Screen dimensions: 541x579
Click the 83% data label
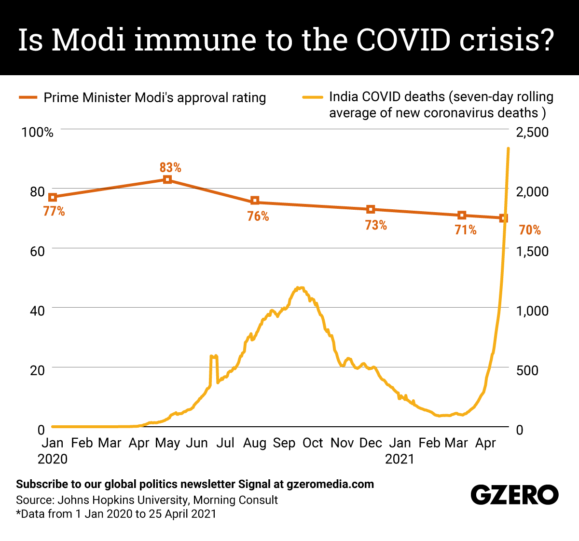point(170,167)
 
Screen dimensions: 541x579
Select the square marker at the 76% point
point(255,201)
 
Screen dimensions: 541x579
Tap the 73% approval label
point(376,225)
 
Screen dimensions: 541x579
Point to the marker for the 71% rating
point(462,215)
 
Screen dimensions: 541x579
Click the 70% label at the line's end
point(530,230)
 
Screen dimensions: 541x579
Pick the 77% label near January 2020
point(54,211)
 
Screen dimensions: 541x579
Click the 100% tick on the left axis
point(37,132)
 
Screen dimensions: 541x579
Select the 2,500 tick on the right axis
point(532,132)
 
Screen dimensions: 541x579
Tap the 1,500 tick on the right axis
point(532,251)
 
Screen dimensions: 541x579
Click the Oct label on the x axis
point(313,443)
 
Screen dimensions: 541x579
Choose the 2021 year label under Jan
point(400,459)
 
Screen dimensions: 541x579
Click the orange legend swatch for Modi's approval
point(28,98)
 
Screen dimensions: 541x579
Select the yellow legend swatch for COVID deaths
point(312,98)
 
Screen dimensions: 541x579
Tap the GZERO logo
point(514,495)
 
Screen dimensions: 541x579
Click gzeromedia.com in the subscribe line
point(330,484)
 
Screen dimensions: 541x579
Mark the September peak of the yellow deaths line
point(300,288)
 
